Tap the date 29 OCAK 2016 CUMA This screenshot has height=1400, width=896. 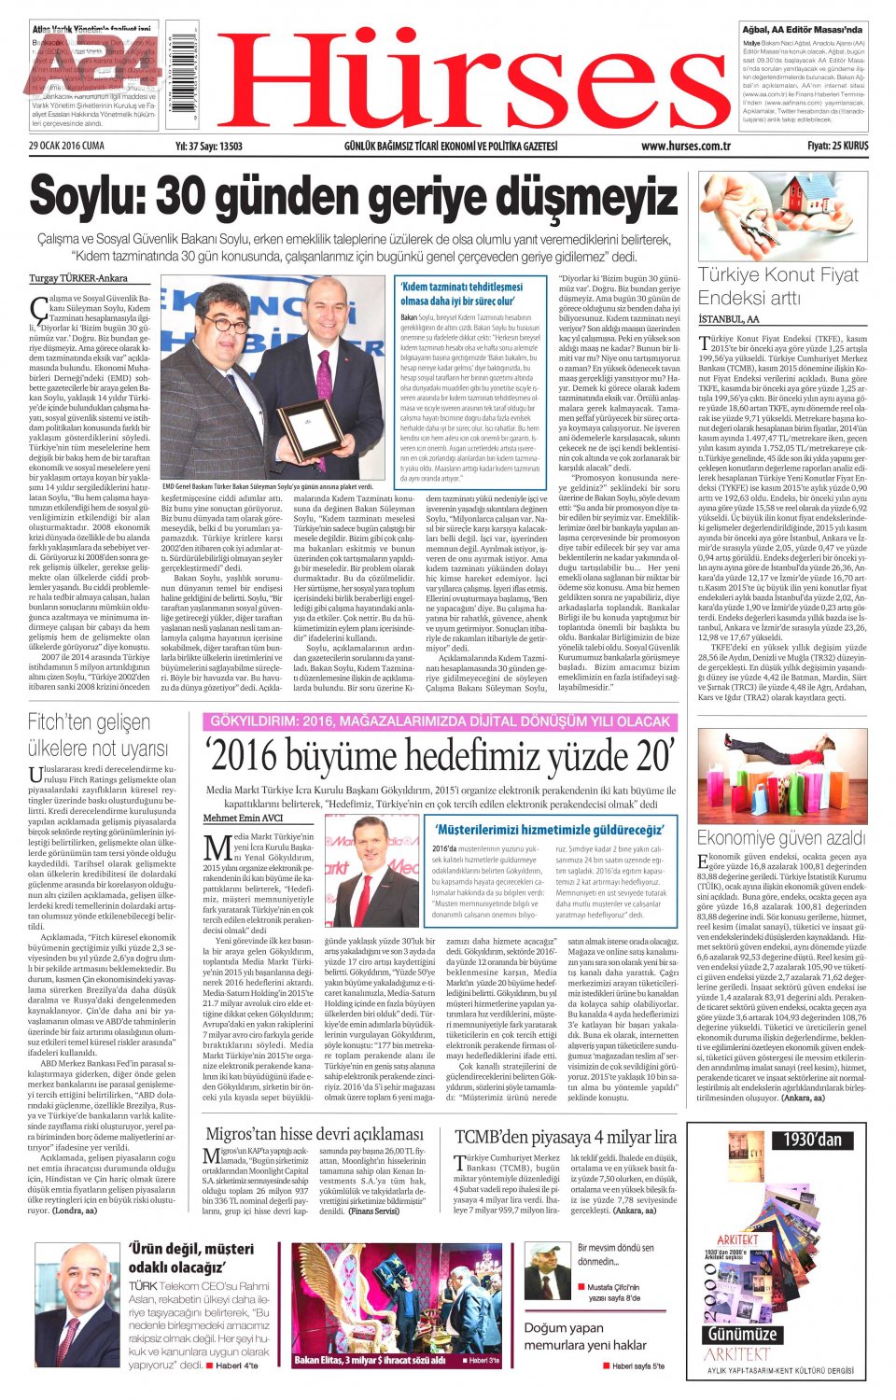coord(66,147)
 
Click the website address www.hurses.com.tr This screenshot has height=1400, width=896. coord(685,147)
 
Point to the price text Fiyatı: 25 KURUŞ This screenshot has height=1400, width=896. coord(837,147)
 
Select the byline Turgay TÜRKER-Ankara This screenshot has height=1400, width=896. coord(78,279)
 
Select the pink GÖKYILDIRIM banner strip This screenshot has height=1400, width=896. coord(440,721)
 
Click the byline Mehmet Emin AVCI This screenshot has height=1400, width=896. coord(243,819)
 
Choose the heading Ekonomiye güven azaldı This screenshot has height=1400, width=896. coord(781,838)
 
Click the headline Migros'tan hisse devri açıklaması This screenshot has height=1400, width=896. coord(315,1134)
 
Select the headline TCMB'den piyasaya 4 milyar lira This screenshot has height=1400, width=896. coord(566,1137)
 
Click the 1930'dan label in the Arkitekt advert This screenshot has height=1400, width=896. coord(812,1140)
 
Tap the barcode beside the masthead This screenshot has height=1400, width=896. coord(182,75)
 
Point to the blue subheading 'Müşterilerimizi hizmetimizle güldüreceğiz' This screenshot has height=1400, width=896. coord(549,830)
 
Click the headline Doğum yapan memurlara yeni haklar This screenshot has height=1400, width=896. coord(585,1337)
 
